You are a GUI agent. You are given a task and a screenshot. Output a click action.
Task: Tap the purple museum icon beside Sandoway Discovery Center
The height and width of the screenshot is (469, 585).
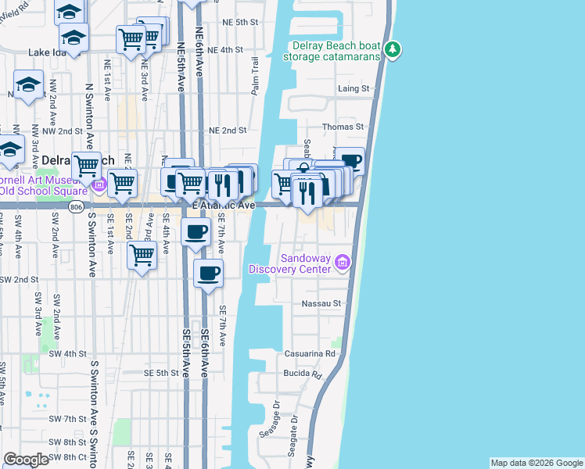(342, 263)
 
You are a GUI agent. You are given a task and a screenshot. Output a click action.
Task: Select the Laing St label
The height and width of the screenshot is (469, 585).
(353, 89)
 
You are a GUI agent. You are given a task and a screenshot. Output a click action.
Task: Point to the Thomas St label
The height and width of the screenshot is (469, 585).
(349, 126)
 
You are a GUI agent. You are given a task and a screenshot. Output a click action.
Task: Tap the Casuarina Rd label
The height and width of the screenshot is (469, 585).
(316, 353)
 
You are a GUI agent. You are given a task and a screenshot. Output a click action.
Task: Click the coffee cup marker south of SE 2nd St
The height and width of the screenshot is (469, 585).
(207, 274)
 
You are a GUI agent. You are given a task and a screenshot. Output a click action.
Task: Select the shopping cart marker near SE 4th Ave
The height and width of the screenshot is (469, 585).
(142, 254)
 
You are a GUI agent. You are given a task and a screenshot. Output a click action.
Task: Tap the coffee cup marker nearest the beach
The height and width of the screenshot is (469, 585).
(351, 161)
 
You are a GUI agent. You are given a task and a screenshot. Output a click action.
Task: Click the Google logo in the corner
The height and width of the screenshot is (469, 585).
(26, 460)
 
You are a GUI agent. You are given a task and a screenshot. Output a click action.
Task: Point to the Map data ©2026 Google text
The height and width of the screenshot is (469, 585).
(537, 463)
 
